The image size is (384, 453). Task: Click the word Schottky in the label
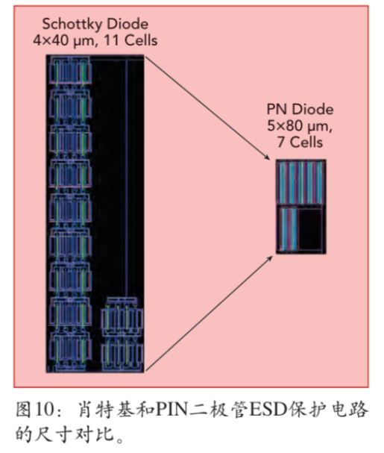71,24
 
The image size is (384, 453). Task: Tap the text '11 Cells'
130,40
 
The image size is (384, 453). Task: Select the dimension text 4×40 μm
63,41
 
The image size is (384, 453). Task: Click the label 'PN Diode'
300,110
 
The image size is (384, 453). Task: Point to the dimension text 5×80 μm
298,126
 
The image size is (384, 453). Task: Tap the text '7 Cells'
300,142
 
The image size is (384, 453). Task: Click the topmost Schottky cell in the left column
70,70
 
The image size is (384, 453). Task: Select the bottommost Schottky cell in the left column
70,351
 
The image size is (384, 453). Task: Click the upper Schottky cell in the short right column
122,317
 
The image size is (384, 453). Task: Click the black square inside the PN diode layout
310,229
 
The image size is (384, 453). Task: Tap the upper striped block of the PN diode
300,183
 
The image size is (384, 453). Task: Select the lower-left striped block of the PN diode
288,229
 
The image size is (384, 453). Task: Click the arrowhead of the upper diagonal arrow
268,157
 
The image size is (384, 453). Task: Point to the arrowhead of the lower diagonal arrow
269,258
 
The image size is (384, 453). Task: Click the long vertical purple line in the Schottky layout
126,178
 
